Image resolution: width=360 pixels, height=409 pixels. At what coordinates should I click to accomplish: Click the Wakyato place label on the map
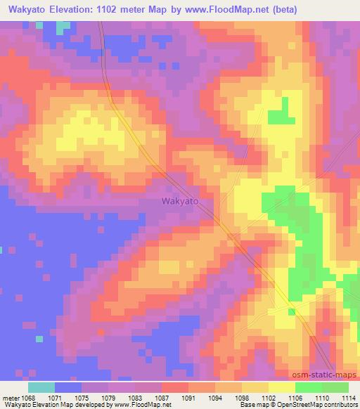[x=180, y=201]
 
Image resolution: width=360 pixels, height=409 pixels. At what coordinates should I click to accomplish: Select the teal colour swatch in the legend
[x=41, y=387]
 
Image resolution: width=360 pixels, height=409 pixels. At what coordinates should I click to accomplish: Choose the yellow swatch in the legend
[x=282, y=387]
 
